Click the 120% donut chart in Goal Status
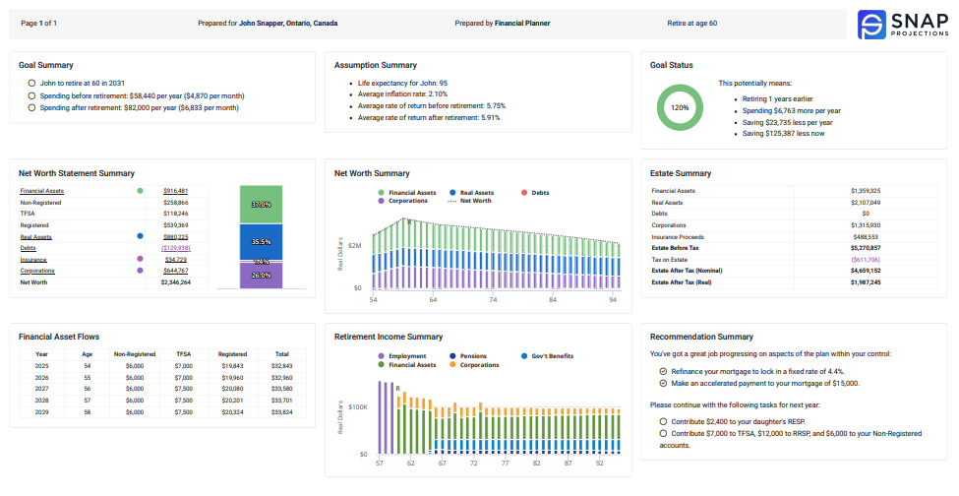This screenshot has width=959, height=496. click(680, 107)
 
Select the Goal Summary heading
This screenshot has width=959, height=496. click(46, 65)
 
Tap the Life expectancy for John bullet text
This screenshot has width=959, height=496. click(402, 83)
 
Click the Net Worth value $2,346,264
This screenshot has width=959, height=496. click(175, 282)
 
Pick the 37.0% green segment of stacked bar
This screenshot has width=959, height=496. click(261, 204)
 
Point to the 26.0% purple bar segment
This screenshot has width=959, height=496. click(261, 276)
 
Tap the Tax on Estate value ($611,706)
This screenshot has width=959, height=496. click(865, 259)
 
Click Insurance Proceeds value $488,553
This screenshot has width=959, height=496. click(865, 236)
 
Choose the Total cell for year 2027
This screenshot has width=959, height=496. click(281, 389)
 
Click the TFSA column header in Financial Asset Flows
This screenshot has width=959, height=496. click(183, 353)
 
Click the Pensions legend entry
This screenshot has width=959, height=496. click(469, 356)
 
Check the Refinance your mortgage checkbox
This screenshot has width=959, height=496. click(664, 371)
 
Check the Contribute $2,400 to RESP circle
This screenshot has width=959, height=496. click(664, 420)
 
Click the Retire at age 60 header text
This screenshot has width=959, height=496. click(692, 22)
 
